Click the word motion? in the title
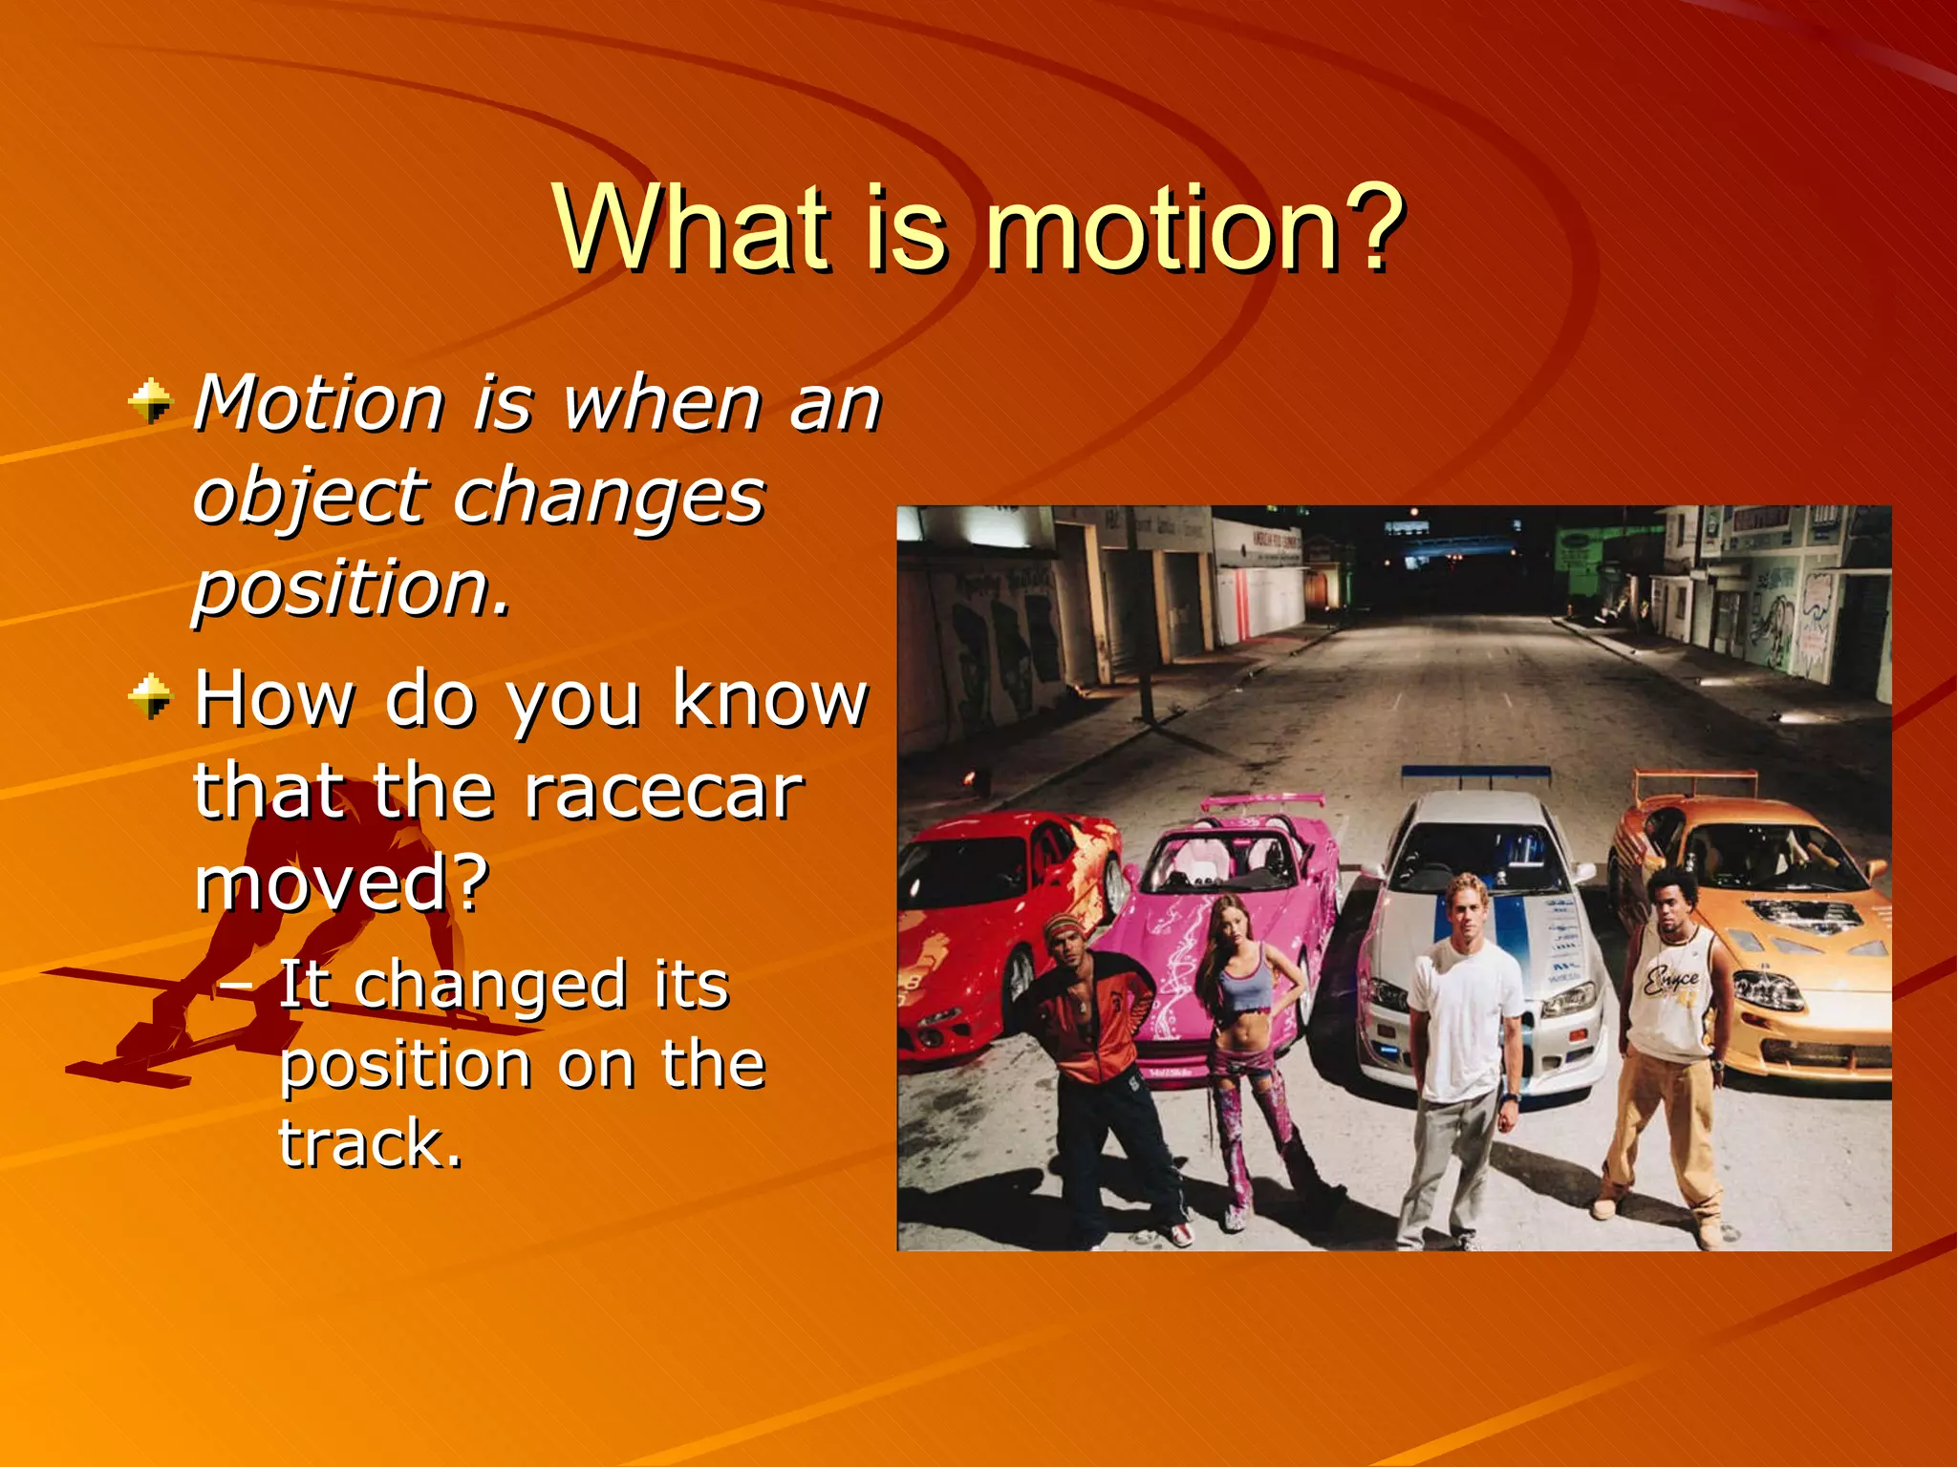click(x=1194, y=229)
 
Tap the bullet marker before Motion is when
click(x=150, y=402)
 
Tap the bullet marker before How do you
click(x=150, y=696)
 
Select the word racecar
click(x=663, y=792)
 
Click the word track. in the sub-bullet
click(x=371, y=1142)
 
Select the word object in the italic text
click(x=310, y=497)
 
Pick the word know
click(x=770, y=700)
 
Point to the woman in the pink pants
click(x=1247, y=1051)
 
